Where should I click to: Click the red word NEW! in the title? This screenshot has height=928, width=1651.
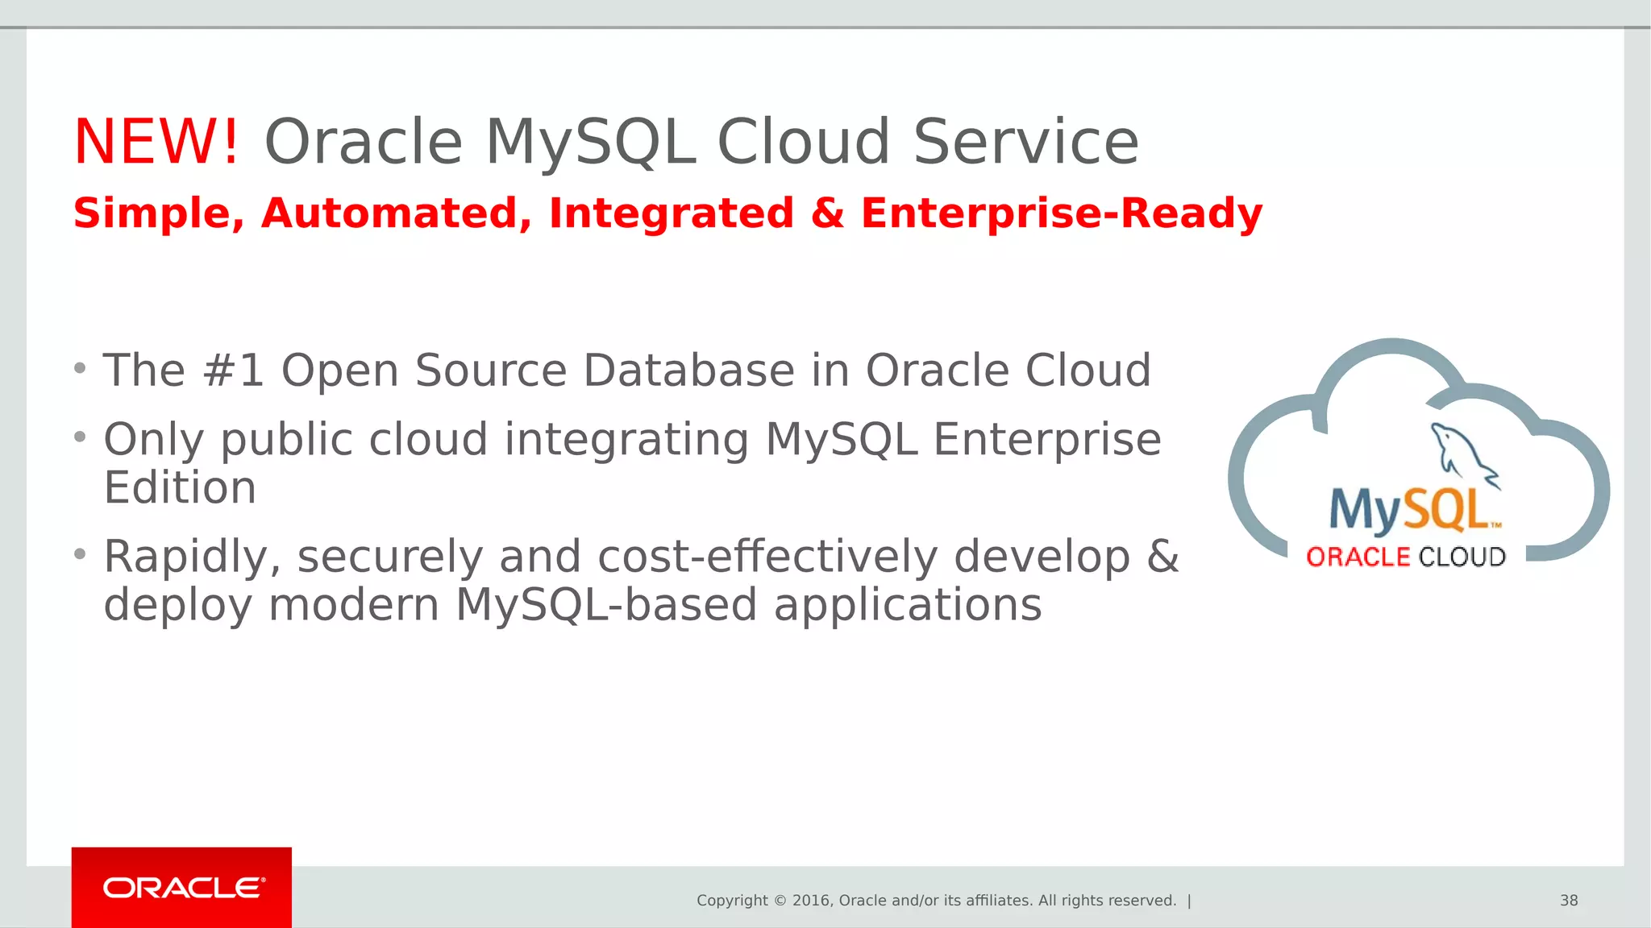tap(156, 142)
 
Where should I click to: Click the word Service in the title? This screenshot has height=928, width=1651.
tap(1025, 142)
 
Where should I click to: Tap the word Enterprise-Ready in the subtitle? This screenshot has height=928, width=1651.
tap(1061, 214)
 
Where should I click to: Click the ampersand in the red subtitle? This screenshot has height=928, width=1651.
tap(827, 214)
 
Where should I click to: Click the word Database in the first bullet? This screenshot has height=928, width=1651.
tap(688, 371)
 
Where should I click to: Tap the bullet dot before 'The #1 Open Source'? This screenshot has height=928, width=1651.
tap(79, 369)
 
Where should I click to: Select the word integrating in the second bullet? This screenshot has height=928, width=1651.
tap(626, 441)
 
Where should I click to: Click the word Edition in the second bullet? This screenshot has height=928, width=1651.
tap(180, 488)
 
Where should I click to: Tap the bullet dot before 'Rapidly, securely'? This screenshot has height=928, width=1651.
tap(79, 554)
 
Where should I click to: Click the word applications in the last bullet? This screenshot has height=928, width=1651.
tap(907, 605)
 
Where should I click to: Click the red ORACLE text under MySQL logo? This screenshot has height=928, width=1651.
tap(1357, 557)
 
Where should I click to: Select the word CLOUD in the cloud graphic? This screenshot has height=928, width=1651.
tap(1462, 557)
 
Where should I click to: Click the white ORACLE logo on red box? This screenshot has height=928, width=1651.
tap(183, 888)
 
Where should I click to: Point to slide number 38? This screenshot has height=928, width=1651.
tap(1568, 901)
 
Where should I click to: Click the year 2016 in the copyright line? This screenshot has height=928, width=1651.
tap(812, 901)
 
